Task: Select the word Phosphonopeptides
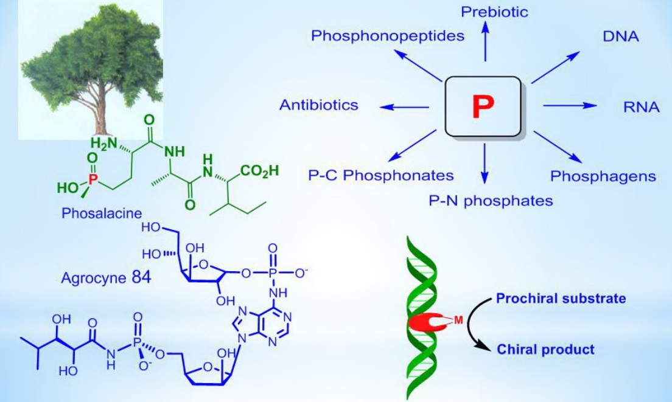tap(388, 36)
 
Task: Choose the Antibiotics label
tap(319, 105)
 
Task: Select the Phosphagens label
tap(603, 176)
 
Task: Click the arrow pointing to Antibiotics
tap(405, 108)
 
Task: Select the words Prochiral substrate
tap(561, 299)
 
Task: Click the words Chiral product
tap(545, 349)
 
